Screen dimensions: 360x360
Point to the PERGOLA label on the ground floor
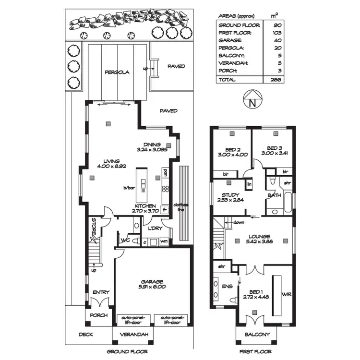117,73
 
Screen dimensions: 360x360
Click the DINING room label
152,144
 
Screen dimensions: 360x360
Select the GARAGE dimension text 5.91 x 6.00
152,287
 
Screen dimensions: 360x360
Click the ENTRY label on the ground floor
101,292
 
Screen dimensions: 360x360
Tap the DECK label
86,334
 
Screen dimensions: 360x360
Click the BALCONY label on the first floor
257,334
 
